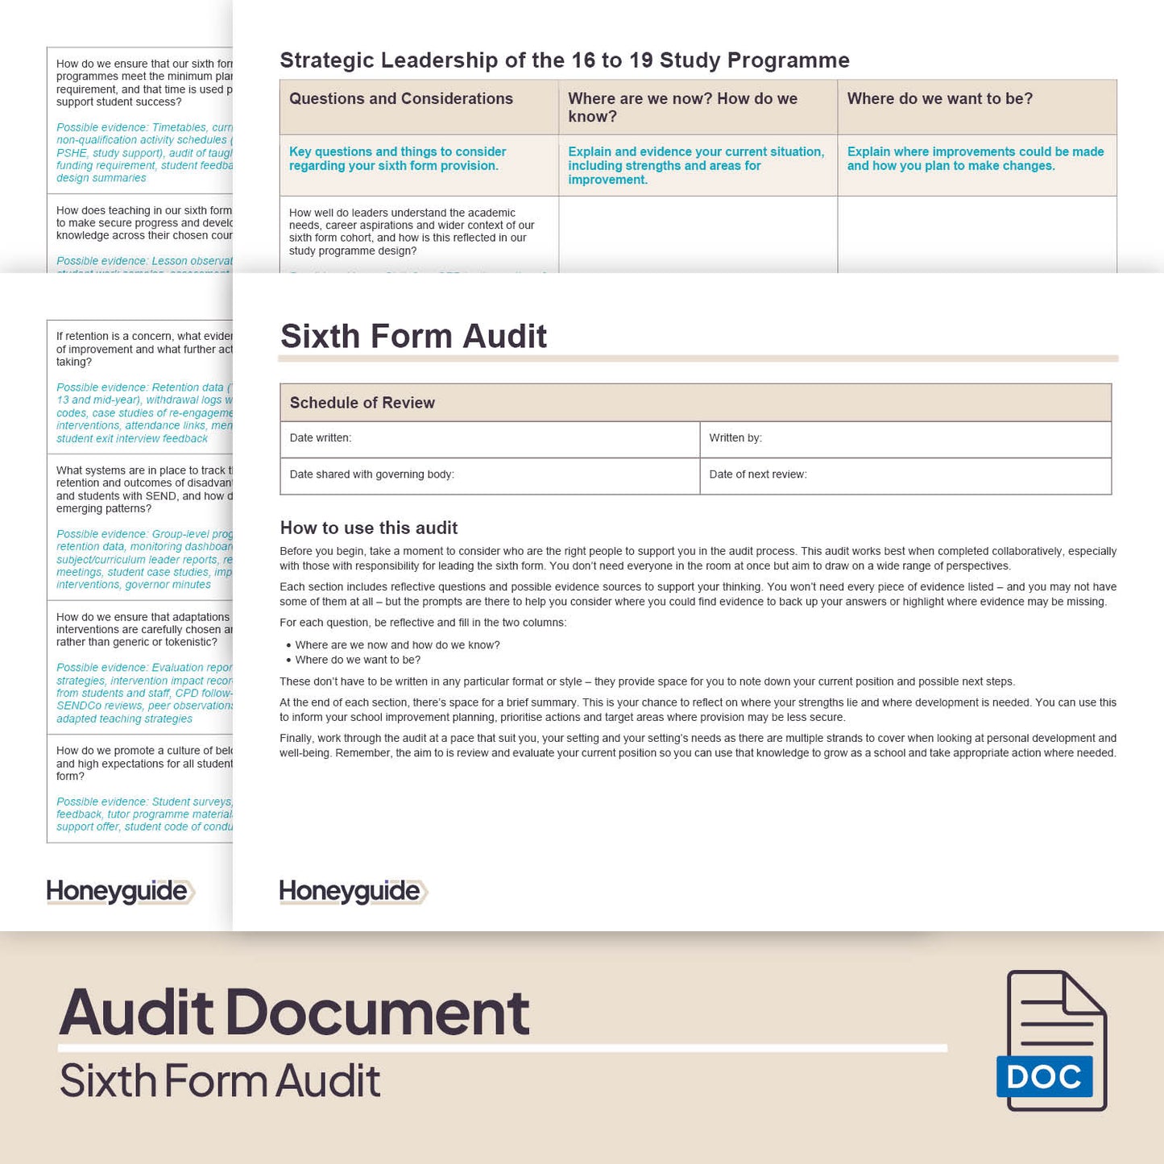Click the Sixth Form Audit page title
413,336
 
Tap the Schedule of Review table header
362,403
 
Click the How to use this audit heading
369,528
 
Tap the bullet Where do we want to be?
358,660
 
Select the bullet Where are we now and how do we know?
397,645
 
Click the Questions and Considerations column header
401,99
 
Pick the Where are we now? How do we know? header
682,107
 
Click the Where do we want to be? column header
939,99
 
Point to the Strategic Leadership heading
564,60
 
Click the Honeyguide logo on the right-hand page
352,891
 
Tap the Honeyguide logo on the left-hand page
119,891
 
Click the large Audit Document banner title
294,1012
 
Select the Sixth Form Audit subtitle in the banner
220,1081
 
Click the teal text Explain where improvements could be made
975,159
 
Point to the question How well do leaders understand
411,232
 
